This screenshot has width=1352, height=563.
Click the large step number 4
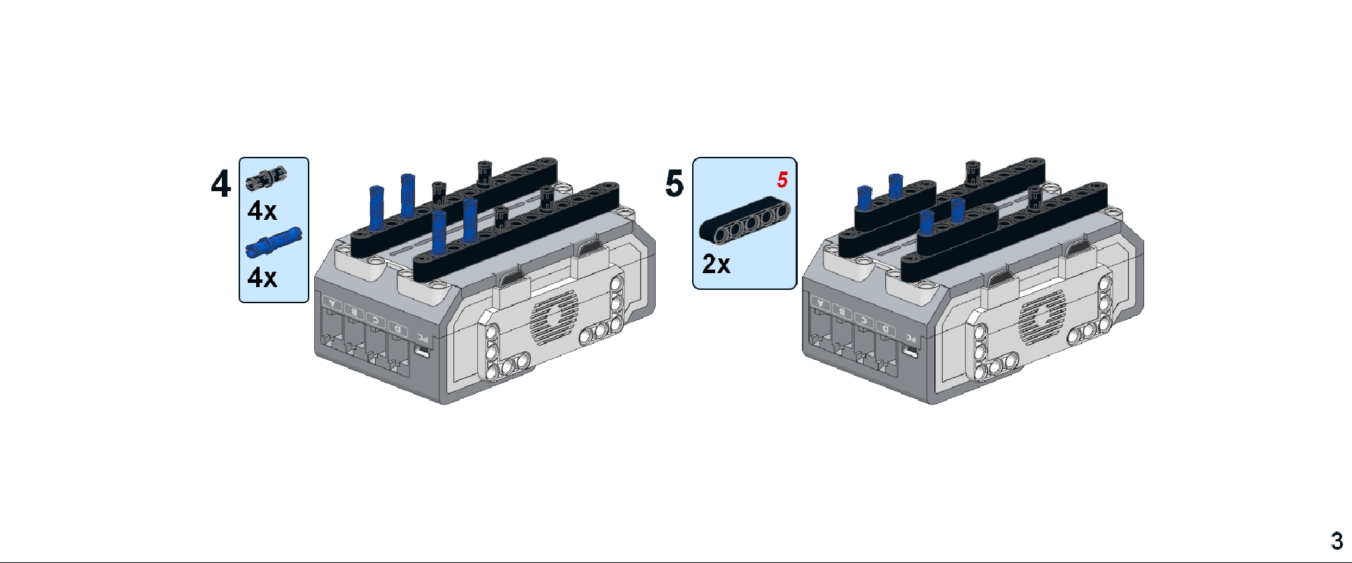pos(220,184)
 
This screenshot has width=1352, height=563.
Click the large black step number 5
pos(674,183)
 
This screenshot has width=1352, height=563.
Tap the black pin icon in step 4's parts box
pos(266,179)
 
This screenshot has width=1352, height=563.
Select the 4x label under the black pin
pos(262,211)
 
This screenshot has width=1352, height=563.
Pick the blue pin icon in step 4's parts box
pos(274,242)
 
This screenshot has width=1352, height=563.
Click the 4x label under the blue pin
pos(262,278)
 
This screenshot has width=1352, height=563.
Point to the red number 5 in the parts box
pos(782,180)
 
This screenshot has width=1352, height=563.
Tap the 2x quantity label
pos(716,264)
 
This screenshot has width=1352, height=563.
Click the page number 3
pos(1337,541)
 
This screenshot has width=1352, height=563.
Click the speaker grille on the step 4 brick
pos(554,319)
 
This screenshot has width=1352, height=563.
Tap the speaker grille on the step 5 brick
pos(1042,319)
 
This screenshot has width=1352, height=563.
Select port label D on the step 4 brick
pos(398,328)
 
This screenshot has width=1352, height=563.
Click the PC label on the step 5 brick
pos(910,338)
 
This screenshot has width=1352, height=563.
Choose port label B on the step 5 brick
pos(843,312)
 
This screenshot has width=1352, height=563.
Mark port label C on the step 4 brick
pos(376,320)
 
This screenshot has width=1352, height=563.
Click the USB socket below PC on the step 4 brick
pos(421,350)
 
